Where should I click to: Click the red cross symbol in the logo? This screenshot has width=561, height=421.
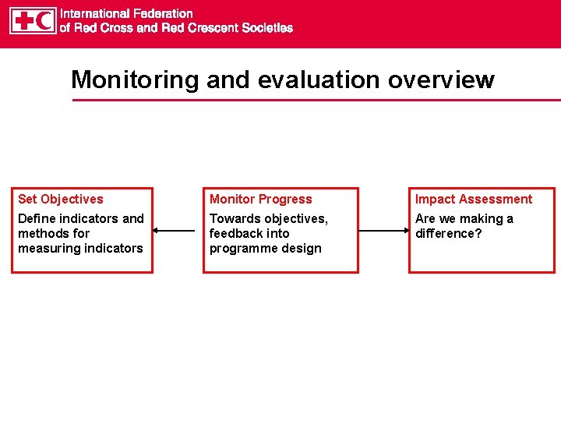pyautogui.click(x=23, y=20)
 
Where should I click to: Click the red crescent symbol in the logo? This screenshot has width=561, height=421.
pyautogui.click(x=45, y=20)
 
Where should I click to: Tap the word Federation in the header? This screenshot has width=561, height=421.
pyautogui.click(x=159, y=13)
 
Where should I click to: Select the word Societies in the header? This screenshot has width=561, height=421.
pyautogui.click(x=266, y=27)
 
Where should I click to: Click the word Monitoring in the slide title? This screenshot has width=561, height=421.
pyautogui.click(x=135, y=80)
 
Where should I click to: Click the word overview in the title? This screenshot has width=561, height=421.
pyautogui.click(x=445, y=80)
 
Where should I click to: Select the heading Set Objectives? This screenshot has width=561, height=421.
pyautogui.click(x=60, y=200)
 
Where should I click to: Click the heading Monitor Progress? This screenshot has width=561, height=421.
pyautogui.click(x=260, y=200)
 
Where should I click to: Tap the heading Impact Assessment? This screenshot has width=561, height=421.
pyautogui.click(x=474, y=200)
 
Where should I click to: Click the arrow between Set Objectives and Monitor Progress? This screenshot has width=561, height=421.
pyautogui.click(x=174, y=231)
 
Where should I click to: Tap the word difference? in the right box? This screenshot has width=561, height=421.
pyautogui.click(x=449, y=233)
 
